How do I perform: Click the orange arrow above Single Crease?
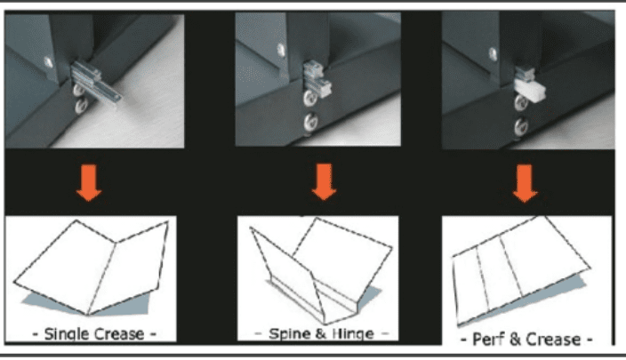pyautogui.click(x=89, y=183)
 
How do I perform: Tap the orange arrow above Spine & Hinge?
pyautogui.click(x=325, y=182)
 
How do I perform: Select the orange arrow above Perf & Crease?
pyautogui.click(x=525, y=184)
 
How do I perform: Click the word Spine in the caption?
pyautogui.click(x=285, y=333)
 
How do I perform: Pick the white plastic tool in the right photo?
pyautogui.click(x=529, y=89)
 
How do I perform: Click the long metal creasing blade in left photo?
pyautogui.click(x=96, y=82)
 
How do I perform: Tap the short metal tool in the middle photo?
pyautogui.click(x=317, y=80)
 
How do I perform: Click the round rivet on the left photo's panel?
pyautogui.click(x=48, y=62)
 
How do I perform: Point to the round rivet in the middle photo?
pyautogui.click(x=282, y=50)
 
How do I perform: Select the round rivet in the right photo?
pyautogui.click(x=494, y=54)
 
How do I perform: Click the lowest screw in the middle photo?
pyautogui.click(x=311, y=122)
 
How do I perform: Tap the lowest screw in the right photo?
pyautogui.click(x=521, y=127)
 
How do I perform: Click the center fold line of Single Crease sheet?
pyautogui.click(x=101, y=278)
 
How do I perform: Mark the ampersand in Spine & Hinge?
pyautogui.click(x=321, y=334)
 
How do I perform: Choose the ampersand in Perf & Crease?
pyautogui.click(x=515, y=340)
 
